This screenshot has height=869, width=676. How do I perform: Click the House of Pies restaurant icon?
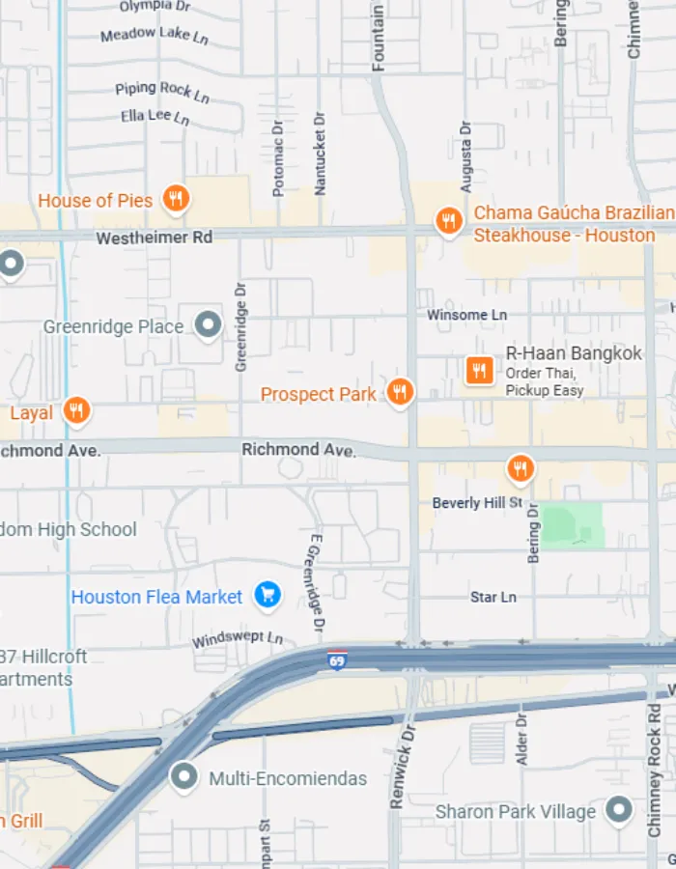[x=175, y=199]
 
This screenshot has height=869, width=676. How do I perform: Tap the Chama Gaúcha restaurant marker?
[x=448, y=221]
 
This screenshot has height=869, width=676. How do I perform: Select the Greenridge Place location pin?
[x=208, y=325]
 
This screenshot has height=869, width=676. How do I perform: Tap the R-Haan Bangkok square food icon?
[x=480, y=369]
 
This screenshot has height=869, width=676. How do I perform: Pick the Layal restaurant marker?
[x=77, y=410]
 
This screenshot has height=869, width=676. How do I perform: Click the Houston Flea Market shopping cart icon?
[x=268, y=595]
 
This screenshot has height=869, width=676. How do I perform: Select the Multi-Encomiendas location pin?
[x=183, y=775]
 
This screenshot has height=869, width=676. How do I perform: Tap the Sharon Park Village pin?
[x=618, y=809]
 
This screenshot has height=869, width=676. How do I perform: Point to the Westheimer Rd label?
[x=155, y=237]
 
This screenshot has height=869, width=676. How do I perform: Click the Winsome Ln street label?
[x=467, y=315]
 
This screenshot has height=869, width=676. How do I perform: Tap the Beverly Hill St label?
[x=477, y=503]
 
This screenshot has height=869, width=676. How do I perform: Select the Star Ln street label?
[x=493, y=597]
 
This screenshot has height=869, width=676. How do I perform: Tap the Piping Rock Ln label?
[x=162, y=91]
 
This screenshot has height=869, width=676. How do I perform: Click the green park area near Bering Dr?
[x=571, y=525]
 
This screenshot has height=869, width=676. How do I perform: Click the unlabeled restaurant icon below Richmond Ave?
[x=521, y=468]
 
